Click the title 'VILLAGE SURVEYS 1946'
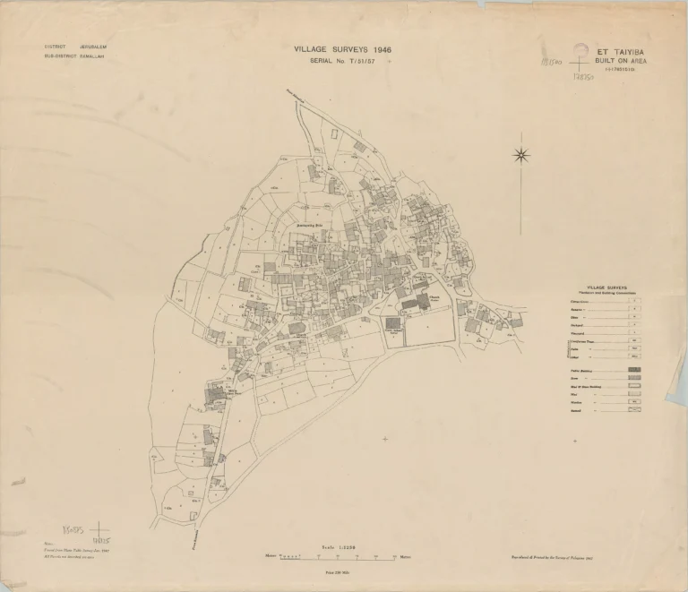coord(342,50)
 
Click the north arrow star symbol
coord(521,155)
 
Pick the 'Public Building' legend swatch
coord(634,370)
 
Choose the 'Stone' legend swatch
coord(634,378)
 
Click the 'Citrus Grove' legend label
coord(581,301)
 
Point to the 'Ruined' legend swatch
coord(634,410)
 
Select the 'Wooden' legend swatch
coord(634,402)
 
